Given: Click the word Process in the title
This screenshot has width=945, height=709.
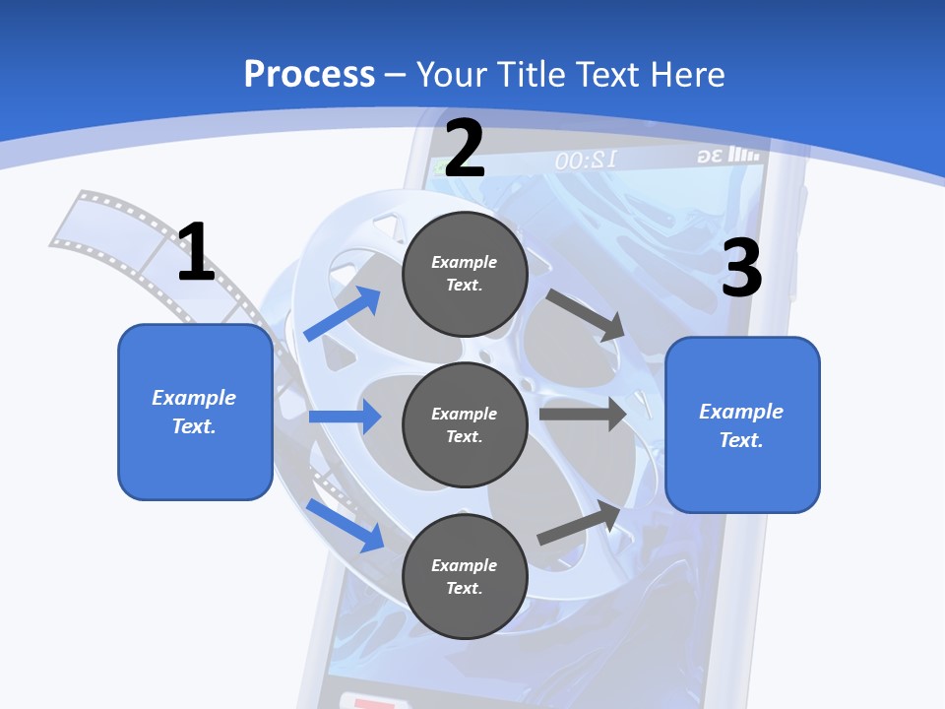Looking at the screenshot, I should (309, 74).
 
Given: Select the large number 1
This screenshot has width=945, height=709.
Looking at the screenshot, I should (196, 252).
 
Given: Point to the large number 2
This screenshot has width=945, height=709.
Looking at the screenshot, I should (465, 149).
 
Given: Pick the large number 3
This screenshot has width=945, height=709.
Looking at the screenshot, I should (741, 268).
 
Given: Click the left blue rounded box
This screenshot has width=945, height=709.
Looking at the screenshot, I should (195, 412).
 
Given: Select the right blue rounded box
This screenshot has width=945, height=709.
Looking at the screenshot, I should (742, 424).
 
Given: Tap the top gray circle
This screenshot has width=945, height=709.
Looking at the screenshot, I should (465, 273).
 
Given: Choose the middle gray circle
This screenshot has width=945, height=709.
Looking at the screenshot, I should (465, 424).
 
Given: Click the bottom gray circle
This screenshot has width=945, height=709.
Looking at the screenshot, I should (465, 576).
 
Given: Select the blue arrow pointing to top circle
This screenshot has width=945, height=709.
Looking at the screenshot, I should (343, 314).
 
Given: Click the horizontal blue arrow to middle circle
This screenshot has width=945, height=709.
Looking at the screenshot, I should (345, 417).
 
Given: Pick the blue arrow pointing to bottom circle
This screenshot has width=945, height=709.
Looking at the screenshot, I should (346, 525).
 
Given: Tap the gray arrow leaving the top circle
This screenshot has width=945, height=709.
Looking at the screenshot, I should (586, 314).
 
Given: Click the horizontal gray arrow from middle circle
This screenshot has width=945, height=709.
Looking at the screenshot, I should (583, 414).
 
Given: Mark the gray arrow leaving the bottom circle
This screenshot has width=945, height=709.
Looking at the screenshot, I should (580, 523).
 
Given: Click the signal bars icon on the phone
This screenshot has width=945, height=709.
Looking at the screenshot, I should (744, 156).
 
